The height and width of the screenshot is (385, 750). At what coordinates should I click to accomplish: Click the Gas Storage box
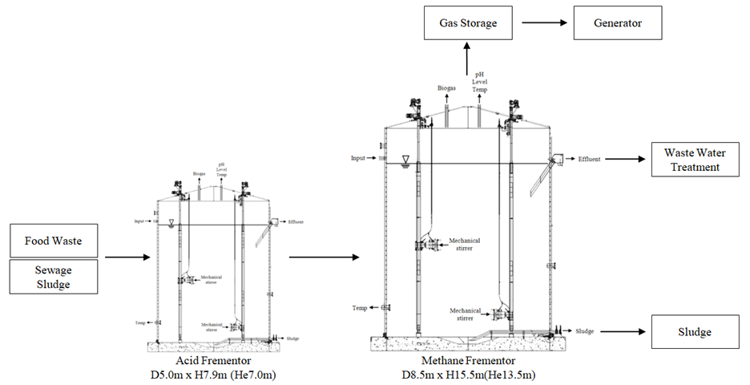coord(468,23)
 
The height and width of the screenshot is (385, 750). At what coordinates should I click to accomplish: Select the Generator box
coord(619,23)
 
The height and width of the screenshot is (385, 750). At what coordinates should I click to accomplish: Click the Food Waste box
coord(53,240)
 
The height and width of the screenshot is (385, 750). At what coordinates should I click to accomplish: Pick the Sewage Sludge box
coord(53,278)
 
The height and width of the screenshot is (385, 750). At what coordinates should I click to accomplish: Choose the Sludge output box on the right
coord(694,331)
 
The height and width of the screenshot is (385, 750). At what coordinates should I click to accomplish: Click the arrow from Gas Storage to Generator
coord(542,23)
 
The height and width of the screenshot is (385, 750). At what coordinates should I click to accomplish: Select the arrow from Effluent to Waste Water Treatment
coord(624,160)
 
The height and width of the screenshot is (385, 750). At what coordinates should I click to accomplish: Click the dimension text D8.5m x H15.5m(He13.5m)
coord(468,375)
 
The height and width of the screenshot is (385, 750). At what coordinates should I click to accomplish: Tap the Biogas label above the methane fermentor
coord(448,89)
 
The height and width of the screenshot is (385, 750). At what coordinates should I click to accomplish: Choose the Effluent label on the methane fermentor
coord(590,160)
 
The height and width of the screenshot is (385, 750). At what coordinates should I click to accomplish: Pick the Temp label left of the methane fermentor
coord(360,308)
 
